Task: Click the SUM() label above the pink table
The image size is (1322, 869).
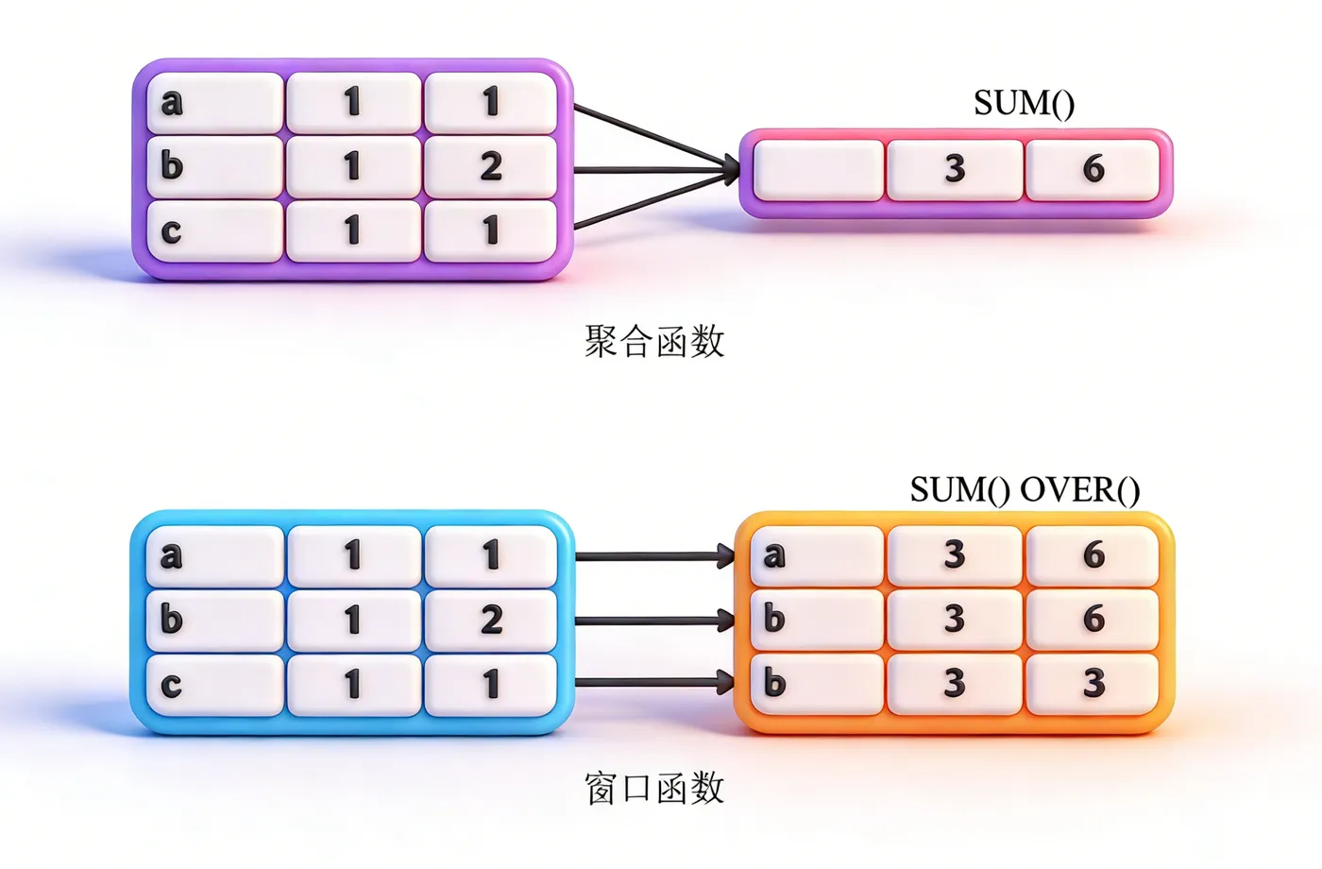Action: [1024, 103]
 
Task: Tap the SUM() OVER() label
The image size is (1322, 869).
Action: [1025, 489]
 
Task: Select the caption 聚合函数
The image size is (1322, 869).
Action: [654, 341]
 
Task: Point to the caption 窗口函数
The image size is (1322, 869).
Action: [654, 788]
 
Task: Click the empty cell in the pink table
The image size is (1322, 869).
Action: [818, 169]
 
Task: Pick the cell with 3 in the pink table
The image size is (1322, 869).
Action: [955, 169]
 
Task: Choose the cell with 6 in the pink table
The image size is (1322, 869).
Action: [1093, 169]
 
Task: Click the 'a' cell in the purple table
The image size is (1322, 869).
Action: [215, 102]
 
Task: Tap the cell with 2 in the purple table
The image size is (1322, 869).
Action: [490, 166]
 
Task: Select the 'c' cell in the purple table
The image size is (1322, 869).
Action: [215, 230]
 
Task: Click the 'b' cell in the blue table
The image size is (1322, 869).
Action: [215, 620]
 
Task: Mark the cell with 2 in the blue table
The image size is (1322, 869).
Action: [490, 620]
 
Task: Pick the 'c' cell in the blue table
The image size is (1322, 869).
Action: [215, 684]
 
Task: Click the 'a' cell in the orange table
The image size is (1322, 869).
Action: [818, 554]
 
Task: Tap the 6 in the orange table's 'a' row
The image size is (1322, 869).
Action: [1093, 554]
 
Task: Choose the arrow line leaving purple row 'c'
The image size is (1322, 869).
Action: [642, 204]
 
